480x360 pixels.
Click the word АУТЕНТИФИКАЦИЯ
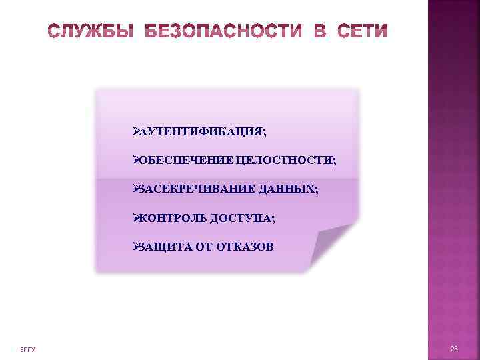tap(201, 132)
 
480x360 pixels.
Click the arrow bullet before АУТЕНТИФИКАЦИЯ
tap(135, 132)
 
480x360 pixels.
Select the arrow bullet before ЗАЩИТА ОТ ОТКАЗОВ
tap(135, 247)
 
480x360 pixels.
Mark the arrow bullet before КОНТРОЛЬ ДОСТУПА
tap(135, 218)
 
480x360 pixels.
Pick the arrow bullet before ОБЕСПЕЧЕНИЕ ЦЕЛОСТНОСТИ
tap(135, 161)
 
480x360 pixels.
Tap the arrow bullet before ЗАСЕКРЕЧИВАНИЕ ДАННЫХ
tap(135, 189)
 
